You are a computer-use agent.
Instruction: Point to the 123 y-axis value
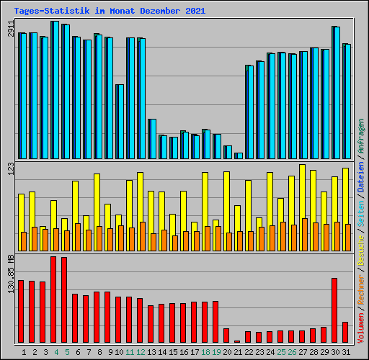tap(11, 168)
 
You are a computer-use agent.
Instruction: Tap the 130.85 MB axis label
tap(11, 274)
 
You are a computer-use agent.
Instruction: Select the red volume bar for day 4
tap(53, 300)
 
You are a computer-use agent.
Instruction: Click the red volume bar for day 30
tap(334, 310)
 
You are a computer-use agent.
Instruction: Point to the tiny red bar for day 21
tap(237, 341)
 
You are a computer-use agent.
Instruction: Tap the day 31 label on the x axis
tap(346, 352)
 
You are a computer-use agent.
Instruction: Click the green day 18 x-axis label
tap(205, 352)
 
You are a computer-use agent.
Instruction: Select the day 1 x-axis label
tap(24, 352)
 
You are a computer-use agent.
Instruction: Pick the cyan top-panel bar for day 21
tap(239, 156)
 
